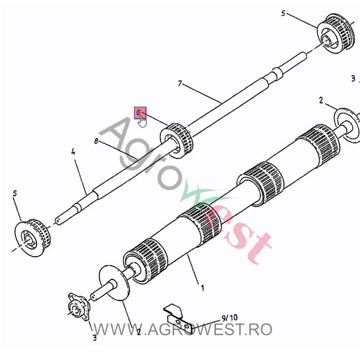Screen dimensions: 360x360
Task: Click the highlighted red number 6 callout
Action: [139, 113]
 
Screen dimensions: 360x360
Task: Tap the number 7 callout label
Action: [180, 83]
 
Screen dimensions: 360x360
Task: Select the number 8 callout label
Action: [96, 141]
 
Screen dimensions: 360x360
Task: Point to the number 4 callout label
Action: [73, 152]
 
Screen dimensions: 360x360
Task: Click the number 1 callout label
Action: [202, 288]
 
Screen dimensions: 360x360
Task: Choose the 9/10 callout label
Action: [230, 318]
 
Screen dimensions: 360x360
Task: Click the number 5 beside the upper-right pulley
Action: [283, 13]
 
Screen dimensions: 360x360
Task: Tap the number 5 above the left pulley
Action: [15, 193]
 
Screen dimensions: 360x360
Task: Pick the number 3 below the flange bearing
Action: [95, 338]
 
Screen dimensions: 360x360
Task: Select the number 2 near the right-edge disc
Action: [321, 100]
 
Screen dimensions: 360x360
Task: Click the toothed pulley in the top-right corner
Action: [336, 33]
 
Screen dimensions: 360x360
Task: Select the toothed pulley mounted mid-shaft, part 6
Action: [176, 141]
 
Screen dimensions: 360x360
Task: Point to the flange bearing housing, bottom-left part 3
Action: [79, 307]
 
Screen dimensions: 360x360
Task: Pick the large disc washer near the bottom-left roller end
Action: [115, 283]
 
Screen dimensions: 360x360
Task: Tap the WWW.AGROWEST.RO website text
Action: [183, 329]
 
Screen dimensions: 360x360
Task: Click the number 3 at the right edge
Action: [353, 79]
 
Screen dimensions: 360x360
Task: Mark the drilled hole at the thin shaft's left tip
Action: [58, 221]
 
